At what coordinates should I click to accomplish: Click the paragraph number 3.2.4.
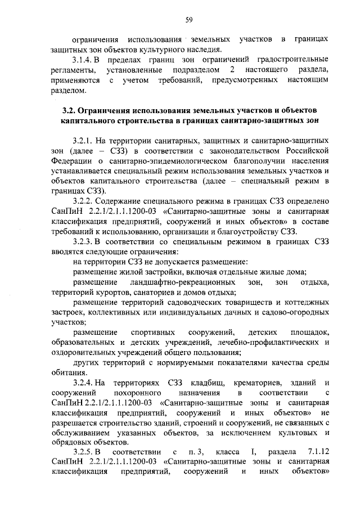[85, 384]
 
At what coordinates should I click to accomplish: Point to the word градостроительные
[294, 60]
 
